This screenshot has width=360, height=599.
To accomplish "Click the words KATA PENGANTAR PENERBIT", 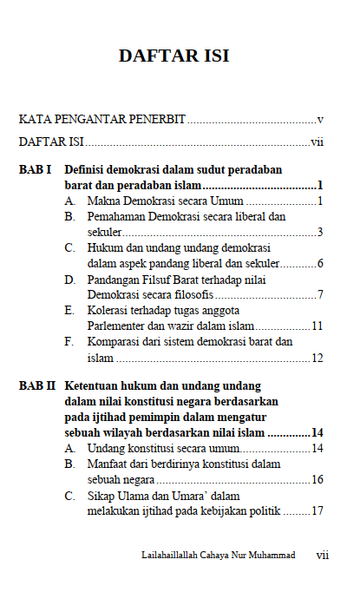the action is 102,118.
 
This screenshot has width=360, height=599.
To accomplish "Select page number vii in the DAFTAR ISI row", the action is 317,142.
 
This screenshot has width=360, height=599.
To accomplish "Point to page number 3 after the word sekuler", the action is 320,232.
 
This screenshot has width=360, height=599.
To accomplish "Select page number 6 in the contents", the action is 320,263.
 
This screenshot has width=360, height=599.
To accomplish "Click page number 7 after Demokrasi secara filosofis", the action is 320,294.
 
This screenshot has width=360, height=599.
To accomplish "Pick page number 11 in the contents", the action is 317,326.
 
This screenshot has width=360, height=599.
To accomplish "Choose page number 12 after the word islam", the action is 317,357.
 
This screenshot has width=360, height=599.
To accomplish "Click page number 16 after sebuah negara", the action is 317,479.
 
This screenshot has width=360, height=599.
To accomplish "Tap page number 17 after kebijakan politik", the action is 317,510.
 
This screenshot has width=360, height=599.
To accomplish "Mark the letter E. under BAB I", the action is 69,310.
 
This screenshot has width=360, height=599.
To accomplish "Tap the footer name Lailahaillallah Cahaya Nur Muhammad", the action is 218,555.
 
